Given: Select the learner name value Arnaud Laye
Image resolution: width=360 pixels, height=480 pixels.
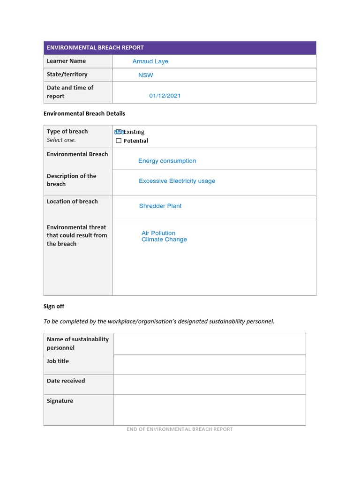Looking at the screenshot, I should [150, 61].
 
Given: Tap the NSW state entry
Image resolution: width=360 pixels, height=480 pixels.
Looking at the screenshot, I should [145, 75].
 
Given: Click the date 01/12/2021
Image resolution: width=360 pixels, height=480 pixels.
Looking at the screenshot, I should [165, 96].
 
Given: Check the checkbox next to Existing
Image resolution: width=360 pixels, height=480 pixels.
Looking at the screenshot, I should [119, 132].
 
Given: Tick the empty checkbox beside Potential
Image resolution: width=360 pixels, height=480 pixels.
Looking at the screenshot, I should [119, 141].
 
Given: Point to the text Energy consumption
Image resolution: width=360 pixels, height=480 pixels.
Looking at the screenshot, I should [167, 161].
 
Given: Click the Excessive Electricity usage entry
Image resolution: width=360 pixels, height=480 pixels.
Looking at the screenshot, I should [177, 181].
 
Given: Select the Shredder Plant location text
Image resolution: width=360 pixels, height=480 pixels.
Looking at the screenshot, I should [160, 206].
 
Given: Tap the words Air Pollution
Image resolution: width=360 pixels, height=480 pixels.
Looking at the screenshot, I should [158, 233].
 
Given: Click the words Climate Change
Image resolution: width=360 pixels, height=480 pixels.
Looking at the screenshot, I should [164, 240].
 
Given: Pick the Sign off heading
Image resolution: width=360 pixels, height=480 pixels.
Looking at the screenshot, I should [54, 306].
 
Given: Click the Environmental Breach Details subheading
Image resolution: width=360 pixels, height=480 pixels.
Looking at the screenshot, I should [84, 113].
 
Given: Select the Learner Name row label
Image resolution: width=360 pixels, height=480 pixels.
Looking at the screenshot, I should [66, 61].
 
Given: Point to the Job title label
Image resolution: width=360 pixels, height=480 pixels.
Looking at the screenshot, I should [58, 361].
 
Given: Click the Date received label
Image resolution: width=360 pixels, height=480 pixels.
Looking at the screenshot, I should [66, 381].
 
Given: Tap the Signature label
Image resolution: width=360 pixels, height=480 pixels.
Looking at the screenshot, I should [60, 401].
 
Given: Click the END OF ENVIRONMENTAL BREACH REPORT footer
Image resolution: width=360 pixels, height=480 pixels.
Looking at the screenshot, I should [180, 429].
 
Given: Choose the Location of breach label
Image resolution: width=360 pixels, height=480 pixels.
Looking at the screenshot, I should [72, 201].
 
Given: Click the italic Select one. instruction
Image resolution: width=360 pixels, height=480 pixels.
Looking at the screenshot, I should [61, 140].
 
